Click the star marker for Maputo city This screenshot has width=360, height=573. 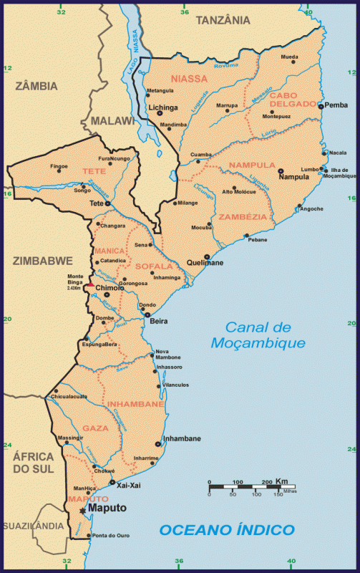click(x=83, y=511)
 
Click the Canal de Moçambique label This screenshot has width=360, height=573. click(x=259, y=334)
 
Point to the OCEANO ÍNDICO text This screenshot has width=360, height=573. click(x=227, y=530)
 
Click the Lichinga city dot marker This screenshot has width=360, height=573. click(x=159, y=112)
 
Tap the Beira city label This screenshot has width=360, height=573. click(x=158, y=322)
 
